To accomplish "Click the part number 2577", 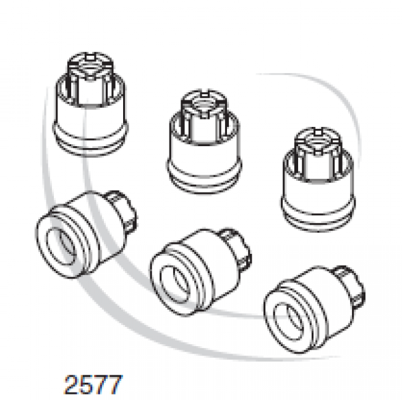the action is click(x=93, y=385).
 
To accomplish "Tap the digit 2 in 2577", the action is click(x=71, y=385).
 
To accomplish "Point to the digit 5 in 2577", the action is click(x=87, y=385).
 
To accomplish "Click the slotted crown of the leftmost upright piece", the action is click(x=90, y=67).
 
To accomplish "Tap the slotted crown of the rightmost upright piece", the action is click(x=318, y=142).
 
